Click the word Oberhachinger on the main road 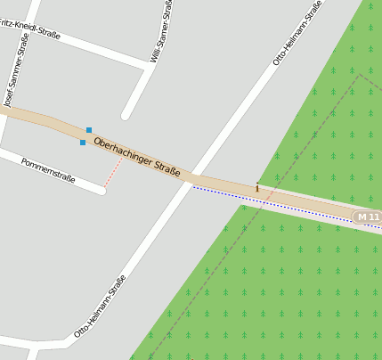coord(124,150)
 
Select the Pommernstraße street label coord(48,170)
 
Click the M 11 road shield coord(367,217)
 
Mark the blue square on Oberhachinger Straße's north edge coord(89,130)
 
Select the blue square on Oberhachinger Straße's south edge coord(83,142)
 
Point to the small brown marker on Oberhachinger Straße coord(257,188)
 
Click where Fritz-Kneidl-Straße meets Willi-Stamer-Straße coord(148,64)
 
